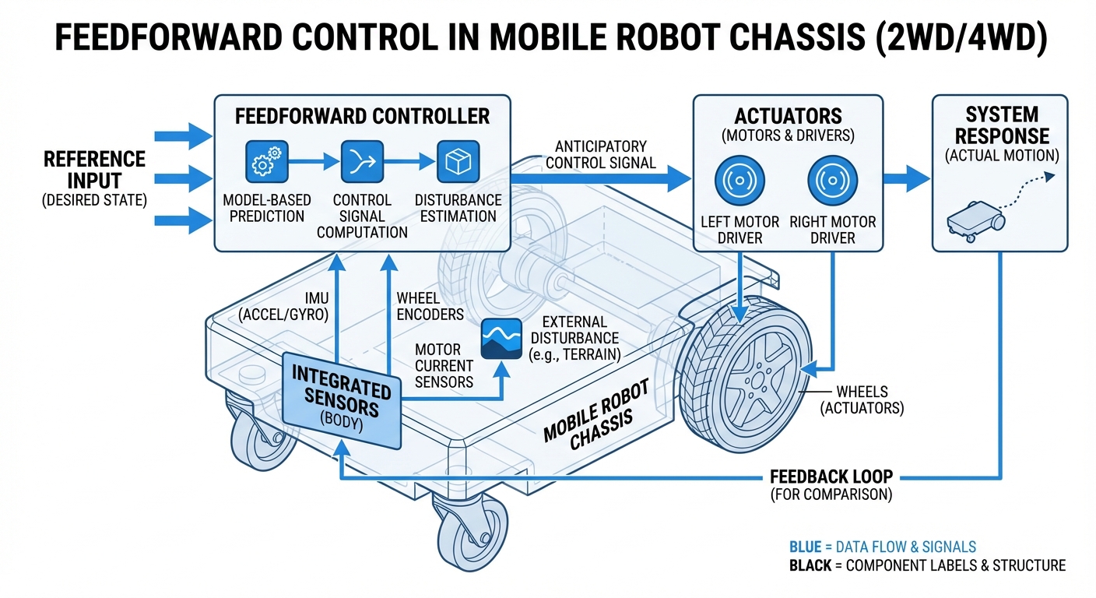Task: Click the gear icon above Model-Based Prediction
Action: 266,162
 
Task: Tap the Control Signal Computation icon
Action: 361,162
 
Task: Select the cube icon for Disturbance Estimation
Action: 456,162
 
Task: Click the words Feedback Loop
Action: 831,476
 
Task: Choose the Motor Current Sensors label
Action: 444,365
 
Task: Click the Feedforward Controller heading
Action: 362,117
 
